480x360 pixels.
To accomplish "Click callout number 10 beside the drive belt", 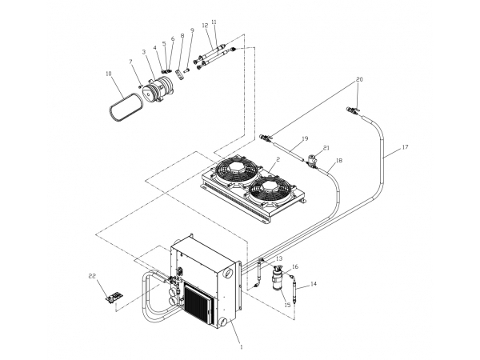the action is [x=109, y=74].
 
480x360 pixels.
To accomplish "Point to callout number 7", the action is [x=131, y=62].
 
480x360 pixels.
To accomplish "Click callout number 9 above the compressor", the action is [x=192, y=30].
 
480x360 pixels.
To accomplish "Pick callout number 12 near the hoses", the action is [x=205, y=26].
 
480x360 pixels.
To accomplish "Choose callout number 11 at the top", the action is [x=214, y=22].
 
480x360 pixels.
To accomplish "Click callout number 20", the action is [x=360, y=79].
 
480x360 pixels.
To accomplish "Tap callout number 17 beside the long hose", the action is [x=405, y=147].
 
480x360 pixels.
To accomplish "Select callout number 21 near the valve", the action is [x=326, y=148].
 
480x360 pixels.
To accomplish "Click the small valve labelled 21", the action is [x=312, y=161].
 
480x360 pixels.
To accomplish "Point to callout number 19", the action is [x=305, y=138].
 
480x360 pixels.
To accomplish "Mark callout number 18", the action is [x=339, y=161].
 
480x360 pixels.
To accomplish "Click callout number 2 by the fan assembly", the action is [x=278, y=159].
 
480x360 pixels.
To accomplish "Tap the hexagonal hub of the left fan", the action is [x=235, y=168].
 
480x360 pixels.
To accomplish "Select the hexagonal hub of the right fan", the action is [x=270, y=188].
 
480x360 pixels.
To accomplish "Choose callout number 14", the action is [x=314, y=284].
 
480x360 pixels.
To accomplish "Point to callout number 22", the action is [x=92, y=276].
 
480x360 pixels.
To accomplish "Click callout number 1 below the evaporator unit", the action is [x=242, y=347].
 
